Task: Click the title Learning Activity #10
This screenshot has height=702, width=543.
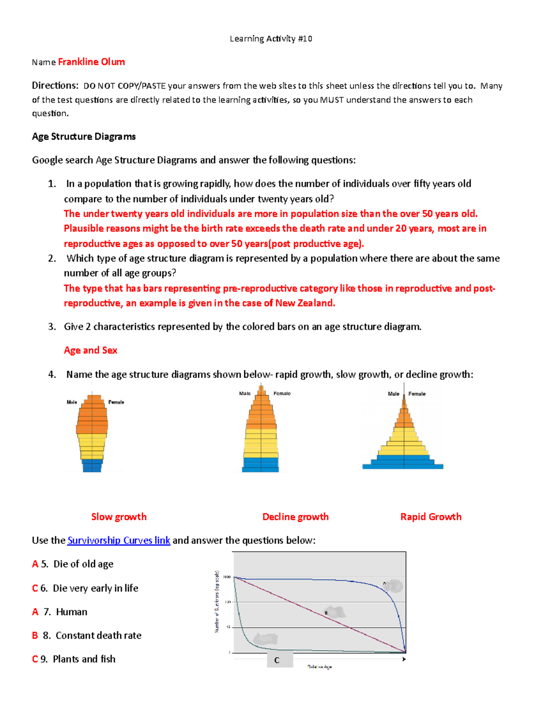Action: coord(271,39)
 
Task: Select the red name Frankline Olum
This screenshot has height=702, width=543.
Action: coord(91,62)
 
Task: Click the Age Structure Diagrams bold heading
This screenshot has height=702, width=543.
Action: coord(84,137)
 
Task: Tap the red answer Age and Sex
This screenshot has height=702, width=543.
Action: coord(90,350)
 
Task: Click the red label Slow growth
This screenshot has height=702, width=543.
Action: coord(119,517)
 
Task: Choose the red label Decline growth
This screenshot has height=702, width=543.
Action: coord(295,517)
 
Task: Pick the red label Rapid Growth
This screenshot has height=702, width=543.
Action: coord(431,517)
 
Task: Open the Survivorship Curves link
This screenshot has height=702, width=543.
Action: coord(119,540)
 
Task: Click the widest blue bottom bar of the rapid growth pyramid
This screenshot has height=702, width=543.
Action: coord(403,466)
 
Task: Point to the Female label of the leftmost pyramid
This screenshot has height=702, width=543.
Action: coord(116,402)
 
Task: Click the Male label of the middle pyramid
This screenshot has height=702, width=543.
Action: coord(245,394)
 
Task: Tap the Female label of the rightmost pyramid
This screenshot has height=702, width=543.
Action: coord(417,394)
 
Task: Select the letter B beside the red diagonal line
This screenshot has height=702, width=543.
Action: coord(326,613)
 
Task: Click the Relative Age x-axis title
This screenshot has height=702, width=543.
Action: coord(319,667)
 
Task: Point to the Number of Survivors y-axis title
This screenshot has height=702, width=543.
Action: coord(217,601)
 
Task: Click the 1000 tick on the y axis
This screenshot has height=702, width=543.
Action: coord(227,577)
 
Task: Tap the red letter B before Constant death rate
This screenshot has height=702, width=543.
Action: coord(35,636)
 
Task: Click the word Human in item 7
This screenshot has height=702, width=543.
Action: coord(71,612)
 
